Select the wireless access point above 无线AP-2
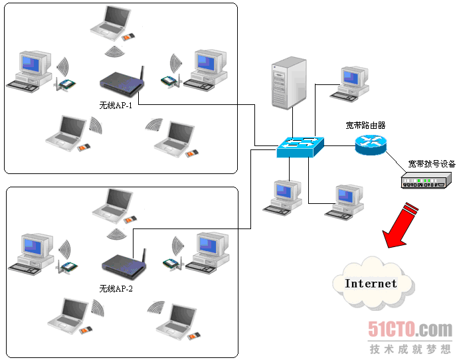pyautogui.click(x=122, y=265)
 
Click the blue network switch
pyautogui.click(x=301, y=147)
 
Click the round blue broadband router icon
pyautogui.click(x=369, y=144)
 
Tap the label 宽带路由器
pyautogui.click(x=365, y=124)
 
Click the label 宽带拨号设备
pyautogui.click(x=432, y=163)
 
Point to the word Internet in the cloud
pyautogui.click(x=371, y=284)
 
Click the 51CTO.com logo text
pyautogui.click(x=410, y=329)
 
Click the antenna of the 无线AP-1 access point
pyautogui.click(x=143, y=72)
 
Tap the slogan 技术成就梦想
pyautogui.click(x=410, y=348)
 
